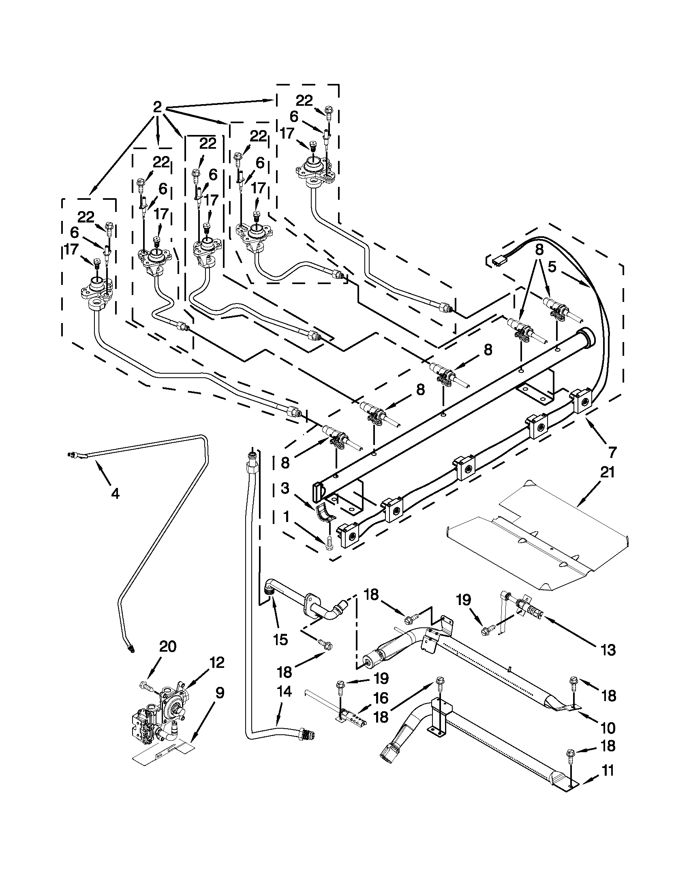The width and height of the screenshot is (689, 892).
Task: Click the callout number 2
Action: (x=157, y=107)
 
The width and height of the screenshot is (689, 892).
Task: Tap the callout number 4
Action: (x=115, y=494)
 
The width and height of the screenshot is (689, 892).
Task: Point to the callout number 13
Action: (x=608, y=650)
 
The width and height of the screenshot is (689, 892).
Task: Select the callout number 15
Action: (x=280, y=640)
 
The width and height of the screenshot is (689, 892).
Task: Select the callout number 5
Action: (x=552, y=267)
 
